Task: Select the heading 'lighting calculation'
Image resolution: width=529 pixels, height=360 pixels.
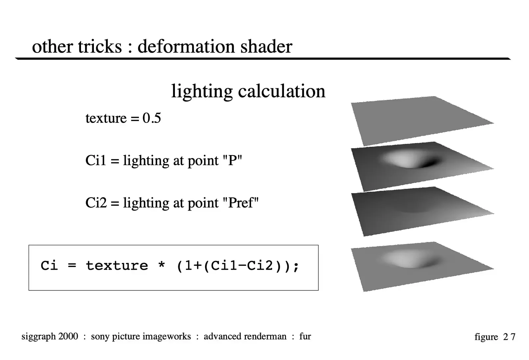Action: click(x=248, y=91)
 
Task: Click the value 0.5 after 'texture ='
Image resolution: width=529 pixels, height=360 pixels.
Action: click(x=152, y=118)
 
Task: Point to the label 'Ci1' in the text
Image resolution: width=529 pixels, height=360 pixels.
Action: click(x=96, y=161)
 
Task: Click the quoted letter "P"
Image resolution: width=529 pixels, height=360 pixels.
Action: click(x=232, y=161)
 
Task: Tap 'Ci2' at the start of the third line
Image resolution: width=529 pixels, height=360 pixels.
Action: click(x=96, y=203)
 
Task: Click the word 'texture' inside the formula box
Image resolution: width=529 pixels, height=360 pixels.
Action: click(x=117, y=266)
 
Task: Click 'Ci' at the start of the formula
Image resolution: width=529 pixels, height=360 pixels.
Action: click(x=49, y=266)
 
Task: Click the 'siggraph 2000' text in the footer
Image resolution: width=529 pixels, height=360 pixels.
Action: click(x=50, y=337)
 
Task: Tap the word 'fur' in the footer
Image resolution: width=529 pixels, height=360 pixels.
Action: click(x=305, y=337)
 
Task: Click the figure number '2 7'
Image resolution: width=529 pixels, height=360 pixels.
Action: click(x=509, y=337)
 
